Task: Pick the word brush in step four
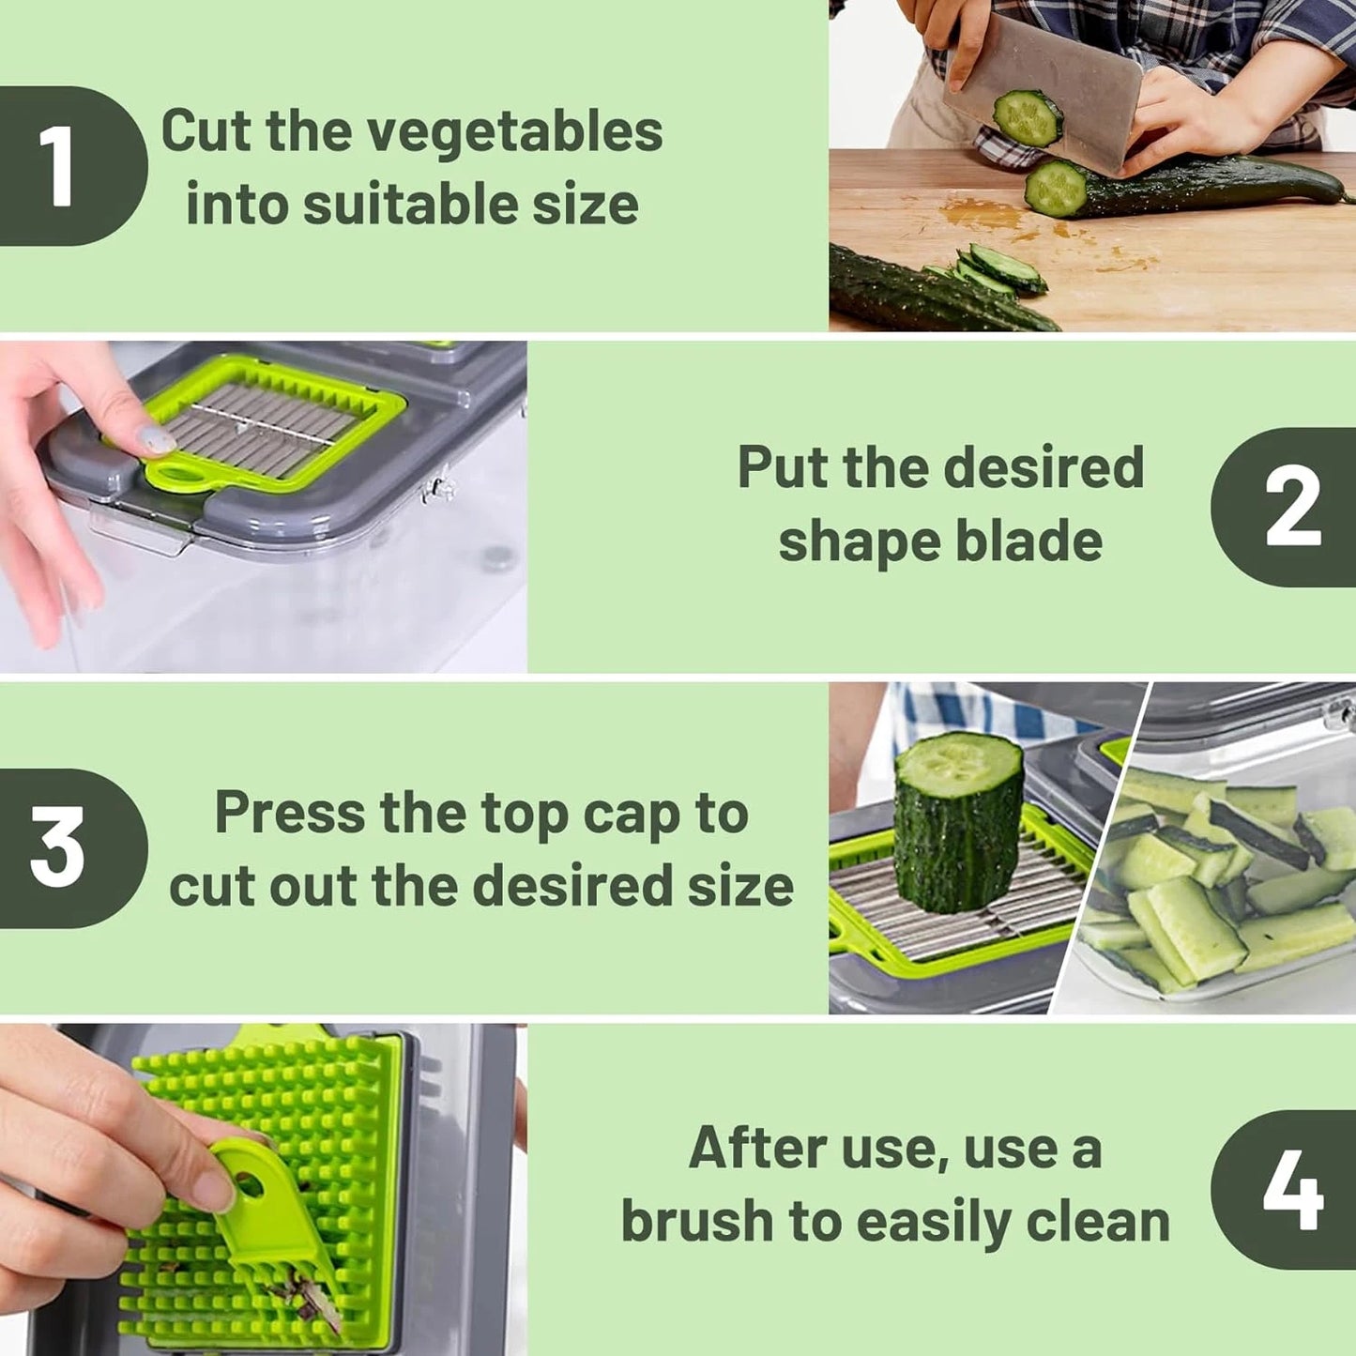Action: tap(696, 1222)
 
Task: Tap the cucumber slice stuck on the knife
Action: tap(1028, 117)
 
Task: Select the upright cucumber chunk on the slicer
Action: tap(957, 821)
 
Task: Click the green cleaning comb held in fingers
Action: tap(272, 1220)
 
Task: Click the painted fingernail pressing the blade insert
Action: tap(153, 440)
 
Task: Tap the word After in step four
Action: tap(756, 1148)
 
